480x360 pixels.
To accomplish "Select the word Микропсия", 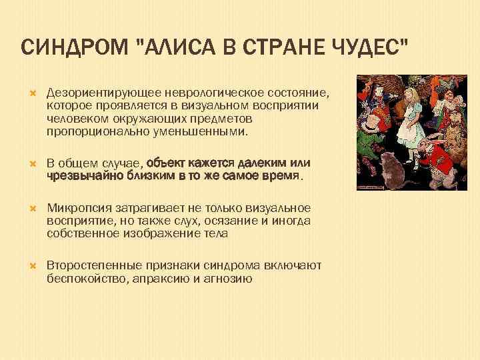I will [x=78, y=208].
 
